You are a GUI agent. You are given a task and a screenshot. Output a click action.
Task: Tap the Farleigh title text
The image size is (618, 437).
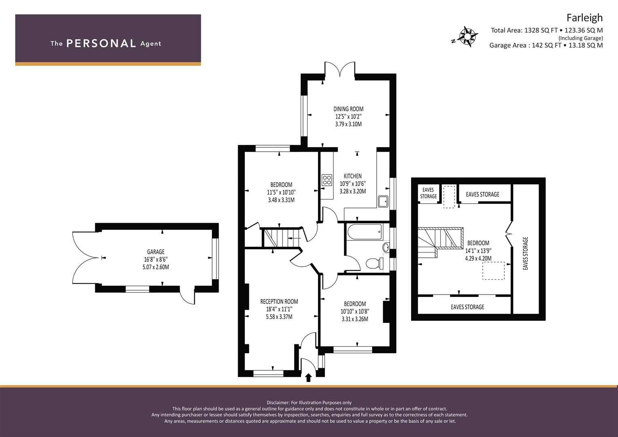click(x=584, y=18)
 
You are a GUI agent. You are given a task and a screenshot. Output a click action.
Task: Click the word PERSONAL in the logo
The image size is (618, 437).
click(x=101, y=43)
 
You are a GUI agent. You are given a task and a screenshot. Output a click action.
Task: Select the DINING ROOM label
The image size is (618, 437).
click(x=348, y=109)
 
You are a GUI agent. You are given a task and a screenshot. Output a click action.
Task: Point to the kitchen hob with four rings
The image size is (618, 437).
click(x=327, y=180)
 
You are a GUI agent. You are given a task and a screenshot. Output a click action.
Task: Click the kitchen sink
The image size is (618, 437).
click(x=383, y=202)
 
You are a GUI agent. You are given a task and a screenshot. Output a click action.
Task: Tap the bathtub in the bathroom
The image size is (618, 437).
click(x=365, y=231)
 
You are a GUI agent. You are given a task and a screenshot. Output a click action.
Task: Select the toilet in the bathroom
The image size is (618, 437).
click(x=375, y=263)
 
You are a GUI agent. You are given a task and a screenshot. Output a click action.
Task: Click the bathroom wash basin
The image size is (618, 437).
click(x=386, y=248)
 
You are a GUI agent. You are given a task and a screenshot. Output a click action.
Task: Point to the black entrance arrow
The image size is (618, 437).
click(x=308, y=378)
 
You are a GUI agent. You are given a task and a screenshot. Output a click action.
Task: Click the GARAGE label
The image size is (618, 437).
click(x=155, y=252)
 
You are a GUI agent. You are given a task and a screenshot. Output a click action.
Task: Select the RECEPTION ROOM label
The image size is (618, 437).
click(x=279, y=301)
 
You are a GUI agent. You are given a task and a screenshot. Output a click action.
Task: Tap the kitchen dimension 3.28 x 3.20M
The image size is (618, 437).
click(x=353, y=191)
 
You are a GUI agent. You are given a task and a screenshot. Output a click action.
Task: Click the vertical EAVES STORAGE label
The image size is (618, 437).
click(x=525, y=253)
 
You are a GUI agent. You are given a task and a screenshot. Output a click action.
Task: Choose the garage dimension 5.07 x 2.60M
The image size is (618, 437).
click(x=156, y=267)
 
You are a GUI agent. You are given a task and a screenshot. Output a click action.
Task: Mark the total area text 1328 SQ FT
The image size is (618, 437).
click(x=541, y=30)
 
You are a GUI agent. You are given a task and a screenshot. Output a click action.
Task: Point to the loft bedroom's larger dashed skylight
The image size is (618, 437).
click(x=493, y=271)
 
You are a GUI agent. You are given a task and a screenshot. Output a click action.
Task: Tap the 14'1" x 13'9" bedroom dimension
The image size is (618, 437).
click(x=478, y=251)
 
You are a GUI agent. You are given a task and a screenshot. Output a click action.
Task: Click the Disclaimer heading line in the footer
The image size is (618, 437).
click(x=309, y=403)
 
